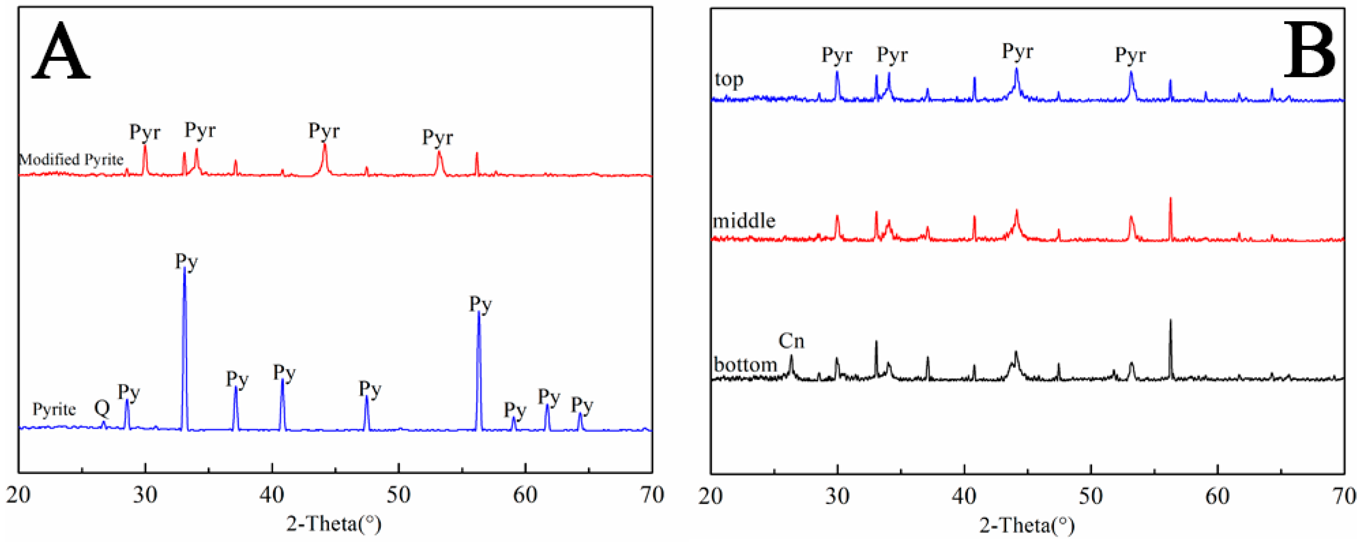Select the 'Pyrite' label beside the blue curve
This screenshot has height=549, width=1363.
54,409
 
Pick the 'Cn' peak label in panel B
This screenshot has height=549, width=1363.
791,341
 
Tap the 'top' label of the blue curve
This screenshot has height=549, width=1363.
728,79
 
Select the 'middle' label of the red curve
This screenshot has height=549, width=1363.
743,221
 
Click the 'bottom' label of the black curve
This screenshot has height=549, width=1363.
745,364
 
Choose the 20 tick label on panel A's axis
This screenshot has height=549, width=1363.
19,495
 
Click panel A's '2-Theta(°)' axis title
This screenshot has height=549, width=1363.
334,523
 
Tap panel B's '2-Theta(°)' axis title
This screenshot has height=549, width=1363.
1026,525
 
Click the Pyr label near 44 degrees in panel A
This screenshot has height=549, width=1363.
324,130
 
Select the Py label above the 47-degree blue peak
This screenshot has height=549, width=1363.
369,389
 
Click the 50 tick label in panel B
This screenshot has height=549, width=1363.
1091,496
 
